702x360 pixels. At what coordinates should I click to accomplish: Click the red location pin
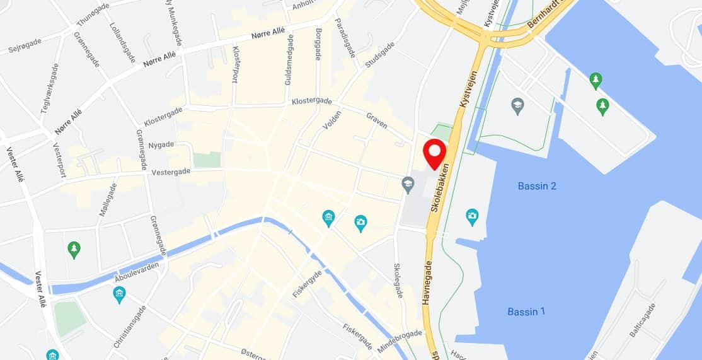(x=434, y=152)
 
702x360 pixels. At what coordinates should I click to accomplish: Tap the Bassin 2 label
(x=537, y=186)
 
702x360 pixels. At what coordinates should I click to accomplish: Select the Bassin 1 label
(x=526, y=311)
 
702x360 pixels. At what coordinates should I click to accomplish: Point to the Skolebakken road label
(x=440, y=188)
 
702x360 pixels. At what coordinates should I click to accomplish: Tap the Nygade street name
(x=161, y=145)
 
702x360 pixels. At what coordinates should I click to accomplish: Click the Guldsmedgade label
(x=289, y=59)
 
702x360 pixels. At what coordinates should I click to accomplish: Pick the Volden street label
(x=331, y=116)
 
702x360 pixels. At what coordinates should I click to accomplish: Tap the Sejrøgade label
(x=24, y=46)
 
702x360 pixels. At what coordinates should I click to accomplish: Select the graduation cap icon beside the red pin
(x=408, y=185)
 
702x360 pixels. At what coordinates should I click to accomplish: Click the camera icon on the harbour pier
(x=472, y=218)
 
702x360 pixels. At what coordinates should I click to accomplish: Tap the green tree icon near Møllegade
(x=74, y=250)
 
